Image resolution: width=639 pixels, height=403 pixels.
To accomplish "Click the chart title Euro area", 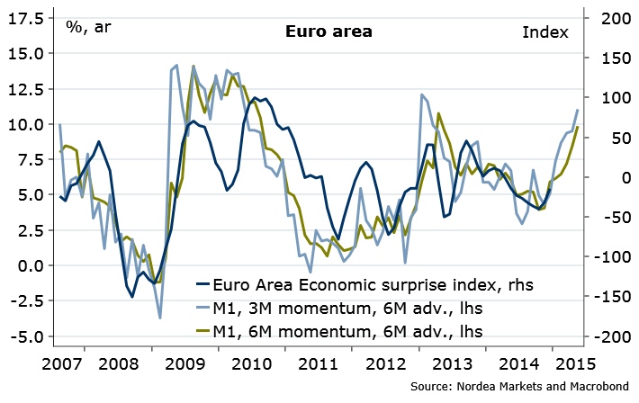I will point(328,32).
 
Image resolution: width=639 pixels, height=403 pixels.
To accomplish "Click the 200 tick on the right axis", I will point(610,18).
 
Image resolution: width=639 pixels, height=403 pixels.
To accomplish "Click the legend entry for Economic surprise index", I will point(373,285).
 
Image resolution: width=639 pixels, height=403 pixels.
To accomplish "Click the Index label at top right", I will point(545,32).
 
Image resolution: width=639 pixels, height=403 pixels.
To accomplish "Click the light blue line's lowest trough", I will point(160,318).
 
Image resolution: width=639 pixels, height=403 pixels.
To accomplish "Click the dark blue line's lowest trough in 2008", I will point(132,297).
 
